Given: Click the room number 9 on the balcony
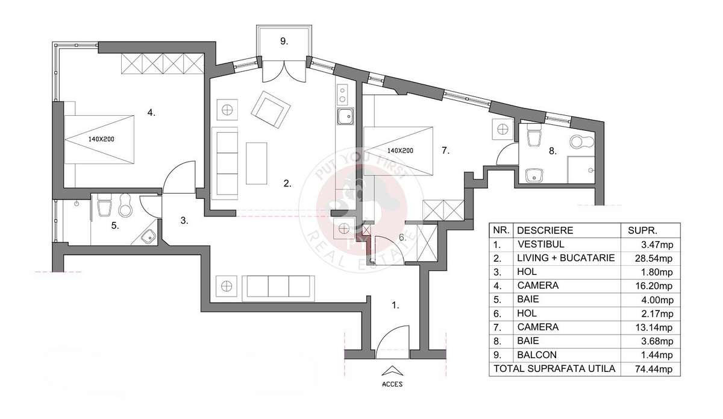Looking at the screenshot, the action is pyautogui.click(x=284, y=42).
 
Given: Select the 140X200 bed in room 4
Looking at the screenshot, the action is pyautogui.click(x=99, y=139).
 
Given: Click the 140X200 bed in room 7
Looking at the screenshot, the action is pyautogui.click(x=398, y=151).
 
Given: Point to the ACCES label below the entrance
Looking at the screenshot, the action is pyautogui.click(x=392, y=384).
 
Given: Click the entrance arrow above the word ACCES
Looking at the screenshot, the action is pyautogui.click(x=392, y=371).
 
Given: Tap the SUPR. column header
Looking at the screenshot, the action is pyautogui.click(x=642, y=230).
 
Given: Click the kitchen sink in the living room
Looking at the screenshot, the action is pyautogui.click(x=345, y=116).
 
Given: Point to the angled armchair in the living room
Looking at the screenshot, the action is pyautogui.click(x=271, y=109).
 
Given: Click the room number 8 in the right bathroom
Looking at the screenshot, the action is pyautogui.click(x=552, y=151).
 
